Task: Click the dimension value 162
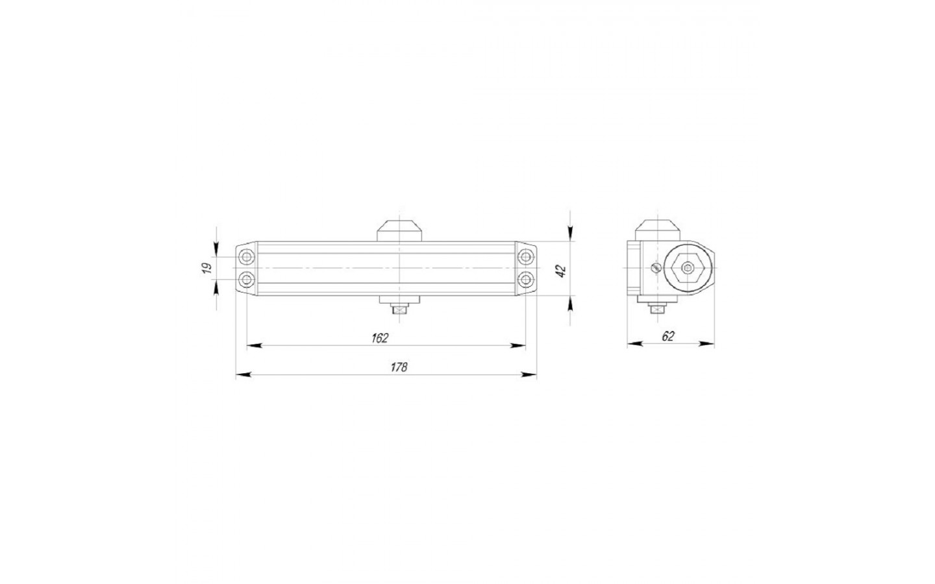pyautogui.click(x=380, y=338)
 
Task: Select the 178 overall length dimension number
pyautogui.click(x=399, y=367)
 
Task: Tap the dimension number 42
pyautogui.click(x=562, y=271)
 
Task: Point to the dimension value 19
pyautogui.click(x=207, y=268)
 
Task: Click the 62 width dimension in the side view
pyautogui.click(x=668, y=336)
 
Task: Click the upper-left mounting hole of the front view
pyautogui.click(x=247, y=256)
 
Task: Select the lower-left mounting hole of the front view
pyautogui.click(x=247, y=279)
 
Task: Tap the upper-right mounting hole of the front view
pyautogui.click(x=525, y=256)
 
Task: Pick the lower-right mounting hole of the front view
pyautogui.click(x=525, y=279)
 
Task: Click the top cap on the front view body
pyautogui.click(x=399, y=231)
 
